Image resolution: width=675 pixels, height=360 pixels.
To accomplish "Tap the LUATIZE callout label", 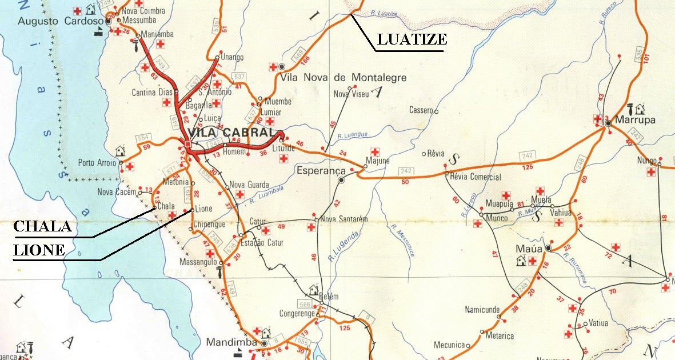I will click(x=412, y=40).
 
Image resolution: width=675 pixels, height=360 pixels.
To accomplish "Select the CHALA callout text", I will click(x=42, y=227).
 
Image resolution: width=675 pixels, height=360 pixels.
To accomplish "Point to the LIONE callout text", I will click(x=39, y=250).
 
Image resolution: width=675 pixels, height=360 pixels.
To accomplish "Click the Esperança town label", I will click(x=321, y=170).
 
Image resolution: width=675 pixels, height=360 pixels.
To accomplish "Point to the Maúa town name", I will click(x=529, y=249).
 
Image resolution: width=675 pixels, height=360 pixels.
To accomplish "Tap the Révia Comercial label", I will click(x=476, y=177).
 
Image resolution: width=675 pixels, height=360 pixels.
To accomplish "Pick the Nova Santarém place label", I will click(x=343, y=219).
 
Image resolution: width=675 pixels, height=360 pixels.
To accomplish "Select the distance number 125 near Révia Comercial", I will click(x=528, y=167).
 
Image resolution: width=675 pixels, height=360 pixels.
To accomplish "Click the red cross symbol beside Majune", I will click(x=375, y=151).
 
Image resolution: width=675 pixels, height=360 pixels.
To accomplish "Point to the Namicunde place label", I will click(x=482, y=309).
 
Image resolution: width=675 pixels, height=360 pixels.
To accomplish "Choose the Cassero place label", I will click(x=421, y=110).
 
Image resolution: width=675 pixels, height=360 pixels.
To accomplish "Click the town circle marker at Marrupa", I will click(x=609, y=123).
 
